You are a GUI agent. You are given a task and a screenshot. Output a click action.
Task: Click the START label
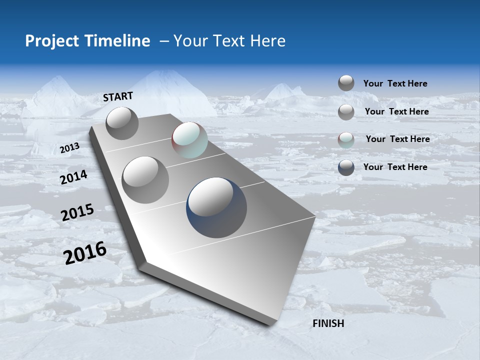click(x=118, y=96)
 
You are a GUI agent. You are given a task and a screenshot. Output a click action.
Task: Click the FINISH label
click(x=328, y=323)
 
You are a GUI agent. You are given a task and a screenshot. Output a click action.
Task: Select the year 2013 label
click(x=69, y=148)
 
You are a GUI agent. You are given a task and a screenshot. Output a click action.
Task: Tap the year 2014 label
click(x=73, y=177)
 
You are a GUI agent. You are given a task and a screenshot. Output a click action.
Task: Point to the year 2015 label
click(x=77, y=212)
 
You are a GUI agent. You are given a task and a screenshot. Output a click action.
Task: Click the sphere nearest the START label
click(x=122, y=123)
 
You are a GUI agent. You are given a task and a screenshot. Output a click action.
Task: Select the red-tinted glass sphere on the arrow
click(x=189, y=140)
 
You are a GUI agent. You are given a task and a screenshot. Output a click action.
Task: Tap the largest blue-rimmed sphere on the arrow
click(x=216, y=207)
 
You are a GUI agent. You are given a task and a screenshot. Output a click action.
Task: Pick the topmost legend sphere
click(x=346, y=83)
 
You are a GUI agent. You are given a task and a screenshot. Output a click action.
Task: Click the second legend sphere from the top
click(x=346, y=112)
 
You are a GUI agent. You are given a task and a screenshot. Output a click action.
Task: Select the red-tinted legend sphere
click(x=346, y=140)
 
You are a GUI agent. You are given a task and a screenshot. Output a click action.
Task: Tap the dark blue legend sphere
click(x=346, y=167)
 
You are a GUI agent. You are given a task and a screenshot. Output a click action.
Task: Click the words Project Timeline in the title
click(x=87, y=41)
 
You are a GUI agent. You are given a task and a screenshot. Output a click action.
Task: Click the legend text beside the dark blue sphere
click(x=395, y=167)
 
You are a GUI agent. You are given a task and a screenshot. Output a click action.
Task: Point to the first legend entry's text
click(x=395, y=83)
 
